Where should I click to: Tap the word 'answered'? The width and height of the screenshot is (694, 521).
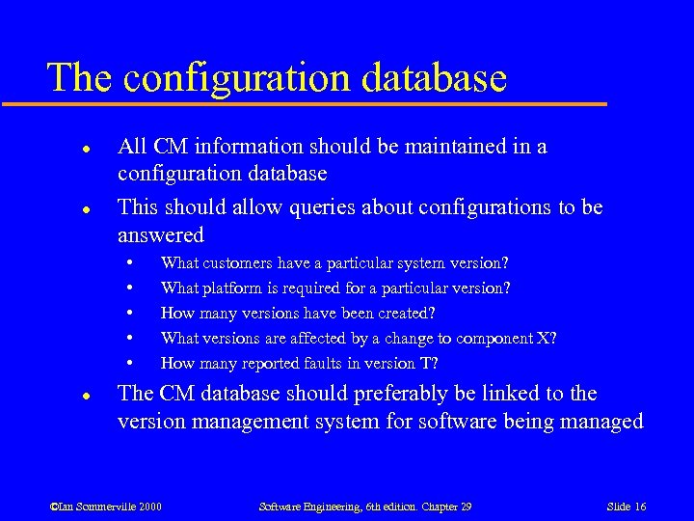coord(161,234)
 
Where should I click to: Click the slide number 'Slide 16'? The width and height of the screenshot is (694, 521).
coord(627,507)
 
